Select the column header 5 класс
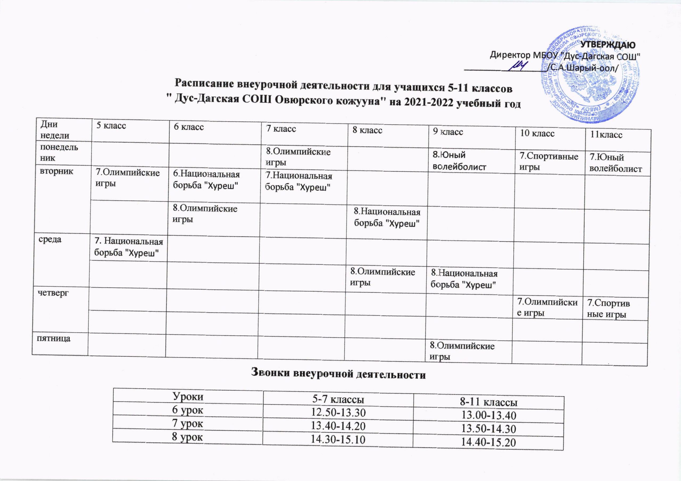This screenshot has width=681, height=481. [111, 126]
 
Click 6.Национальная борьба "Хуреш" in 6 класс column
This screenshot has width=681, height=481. [206, 180]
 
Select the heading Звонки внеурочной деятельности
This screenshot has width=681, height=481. [338, 374]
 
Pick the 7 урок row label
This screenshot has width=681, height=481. [188, 424]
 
